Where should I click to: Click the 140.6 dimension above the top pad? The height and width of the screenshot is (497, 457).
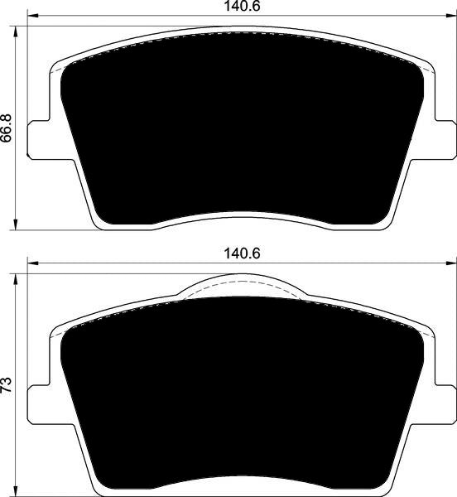[x=242, y=7]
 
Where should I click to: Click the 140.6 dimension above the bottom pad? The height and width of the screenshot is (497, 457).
[x=242, y=253]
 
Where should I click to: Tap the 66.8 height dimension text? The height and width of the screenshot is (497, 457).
[x=7, y=128]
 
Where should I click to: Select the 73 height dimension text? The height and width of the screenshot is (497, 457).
[x=7, y=385]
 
